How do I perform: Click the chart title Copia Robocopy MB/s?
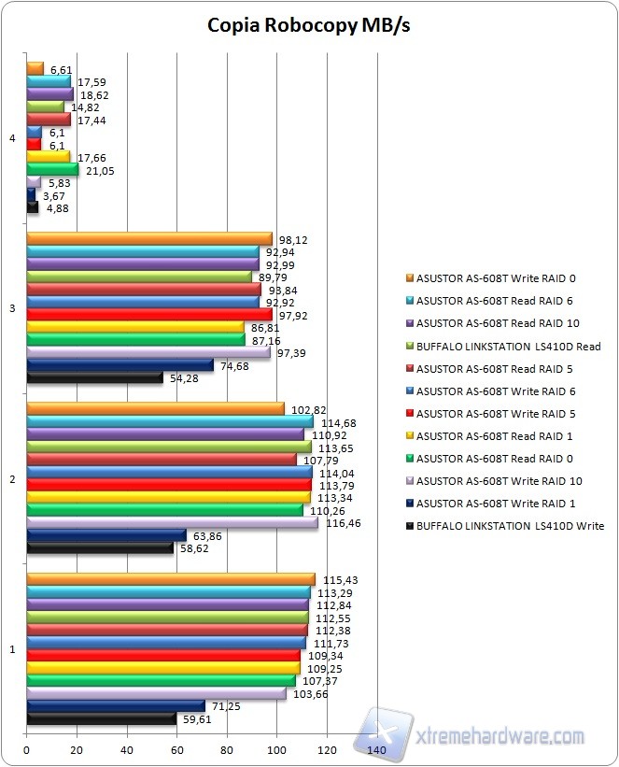tap(308, 25)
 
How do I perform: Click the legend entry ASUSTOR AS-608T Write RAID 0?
tap(495, 277)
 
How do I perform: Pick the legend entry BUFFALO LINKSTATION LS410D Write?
tap(509, 526)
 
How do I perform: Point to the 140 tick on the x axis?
tap(377, 750)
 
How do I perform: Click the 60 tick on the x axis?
tap(176, 750)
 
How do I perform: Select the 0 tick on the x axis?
tap(27, 750)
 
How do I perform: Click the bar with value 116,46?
tap(172, 524)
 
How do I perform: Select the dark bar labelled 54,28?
tap(94, 377)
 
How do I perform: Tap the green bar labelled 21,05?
tap(52, 169)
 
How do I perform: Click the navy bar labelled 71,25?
tap(116, 705)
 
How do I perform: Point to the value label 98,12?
tap(293, 240)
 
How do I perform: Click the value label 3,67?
tap(52, 195)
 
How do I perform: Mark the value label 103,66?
tap(309, 694)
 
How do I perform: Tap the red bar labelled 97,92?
tap(149, 315)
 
